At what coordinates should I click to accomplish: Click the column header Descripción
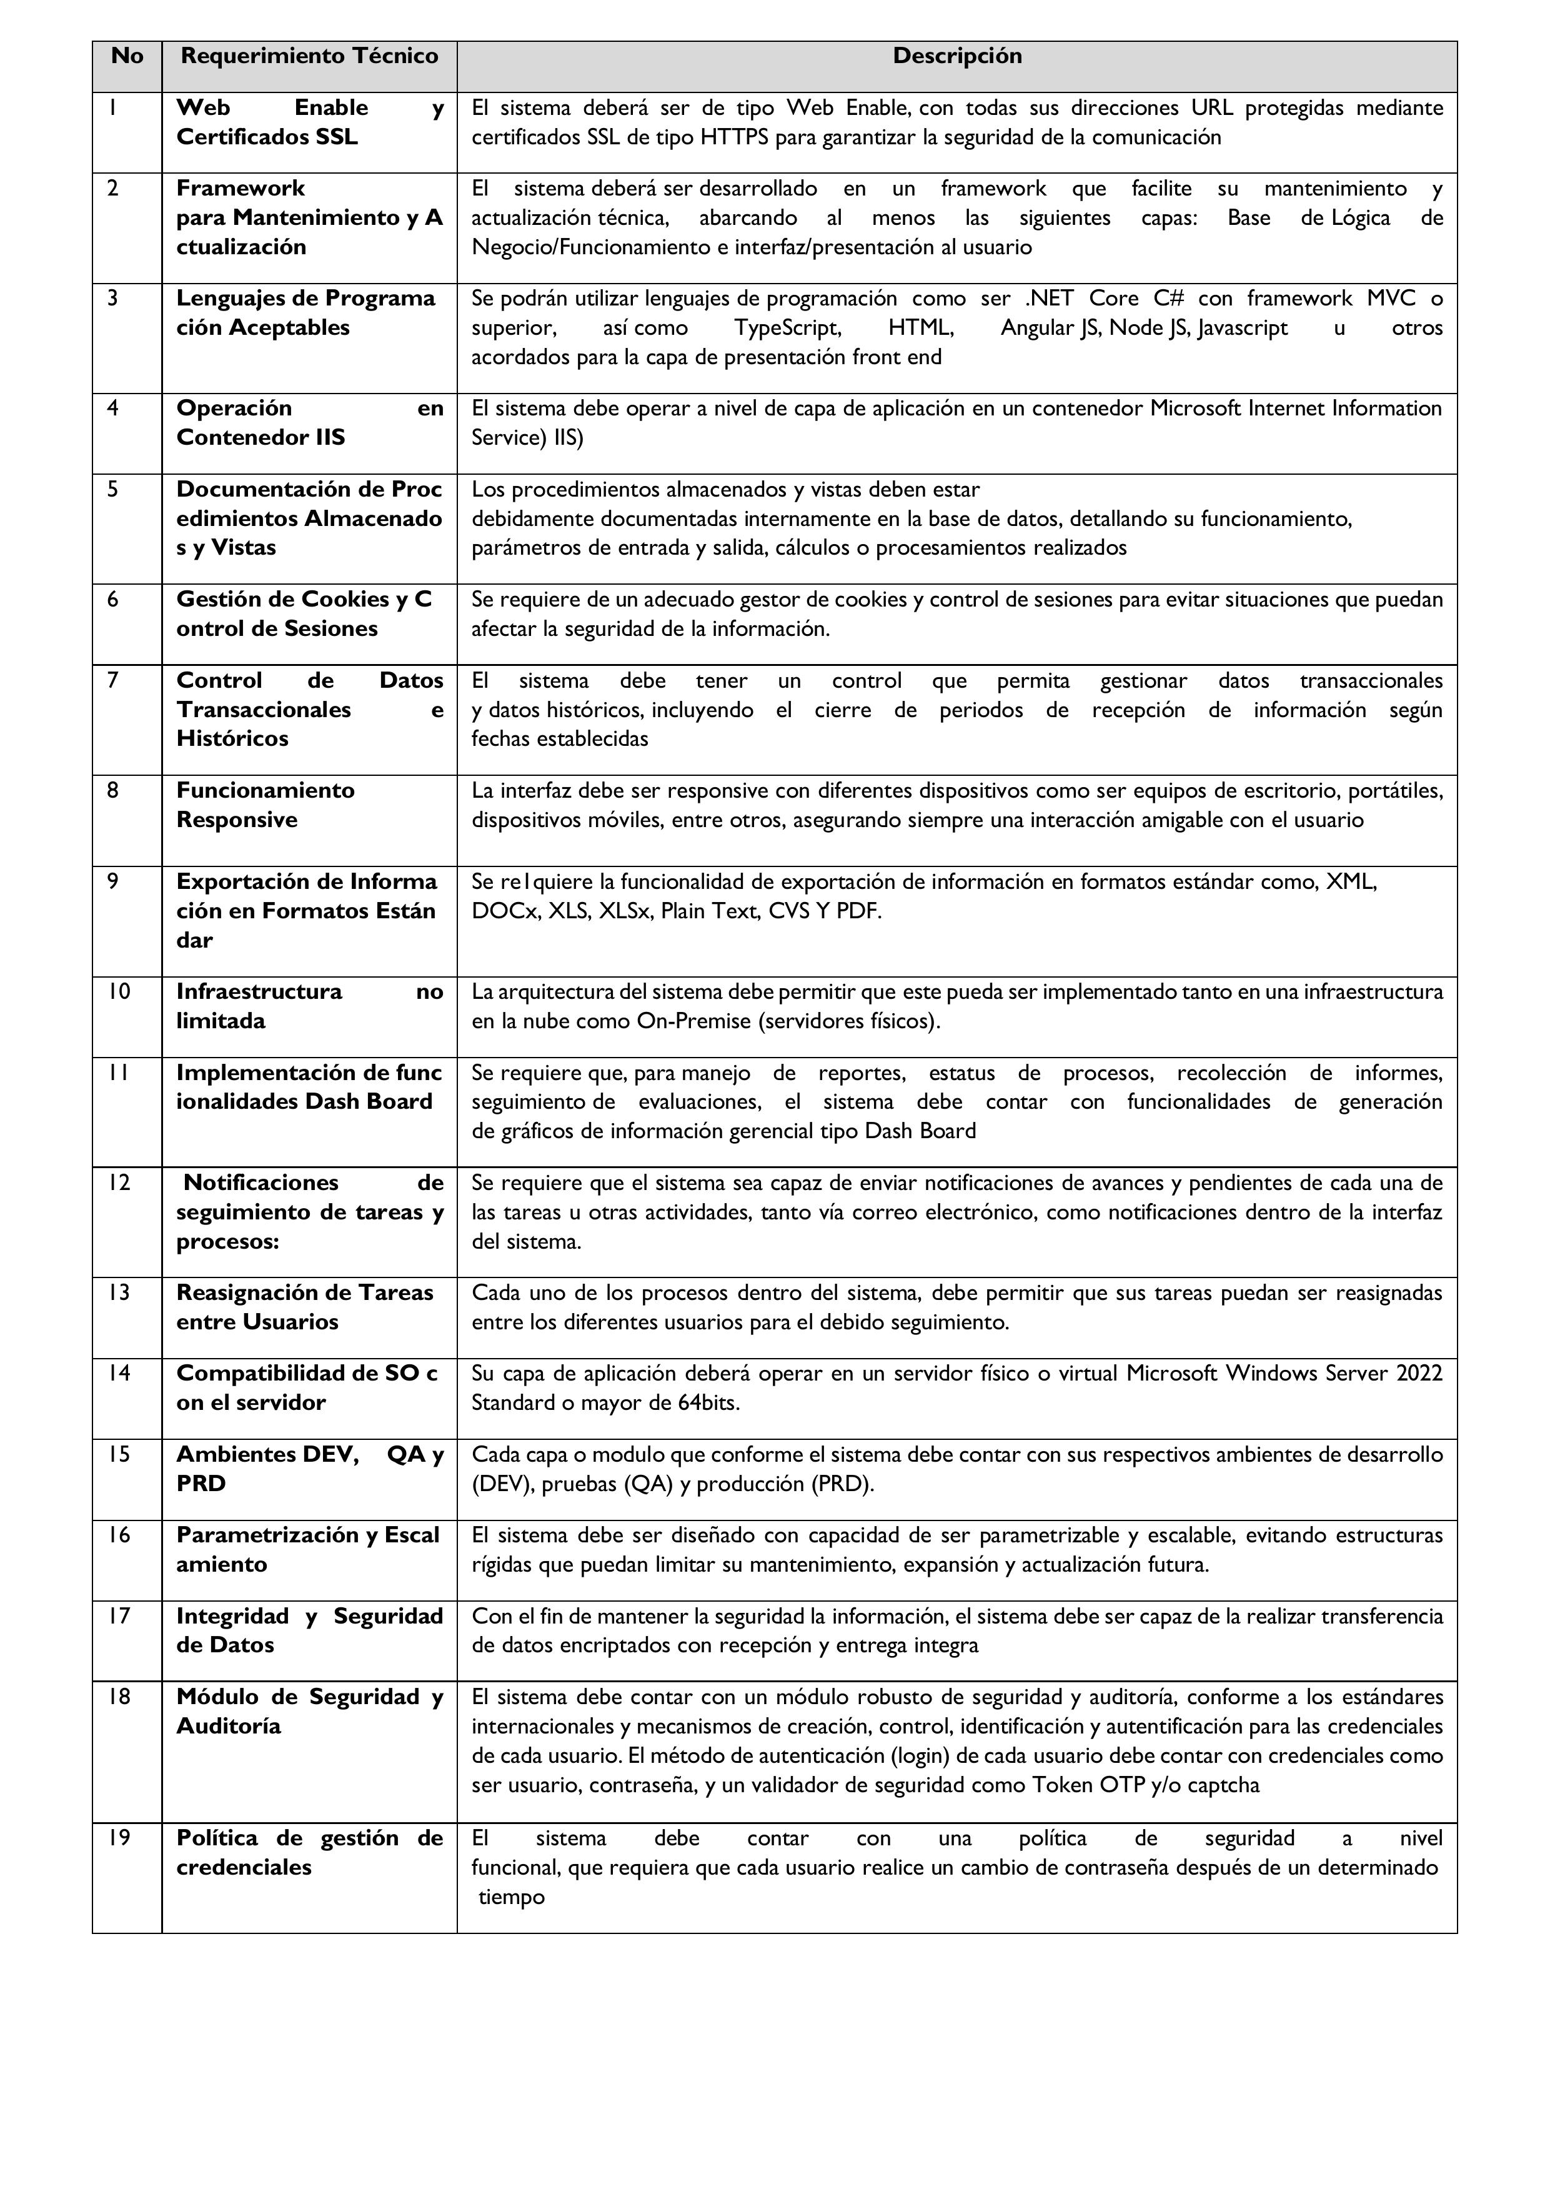[x=957, y=56]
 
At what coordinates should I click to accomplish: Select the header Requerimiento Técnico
[x=309, y=56]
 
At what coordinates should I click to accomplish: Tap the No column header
[x=127, y=56]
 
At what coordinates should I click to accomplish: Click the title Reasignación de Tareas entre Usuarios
[x=305, y=1307]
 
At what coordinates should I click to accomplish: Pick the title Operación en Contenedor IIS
[x=309, y=423]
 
